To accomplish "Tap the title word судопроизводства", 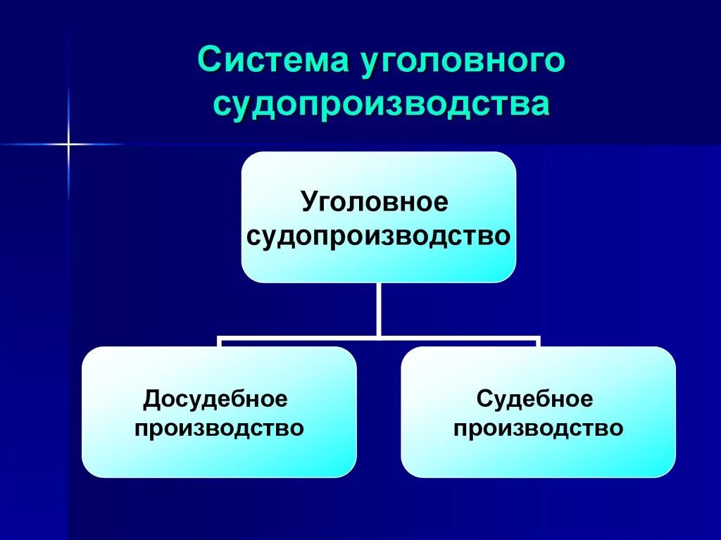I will [381, 105].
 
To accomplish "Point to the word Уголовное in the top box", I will [375, 202].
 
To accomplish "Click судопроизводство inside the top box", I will [378, 235].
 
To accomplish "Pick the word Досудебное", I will [216, 399].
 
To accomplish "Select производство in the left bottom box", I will [219, 427].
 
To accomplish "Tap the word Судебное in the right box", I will [535, 399].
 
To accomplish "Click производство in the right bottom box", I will [539, 427].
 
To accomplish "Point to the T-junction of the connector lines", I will [379, 339].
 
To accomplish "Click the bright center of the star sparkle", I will [68, 144].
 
